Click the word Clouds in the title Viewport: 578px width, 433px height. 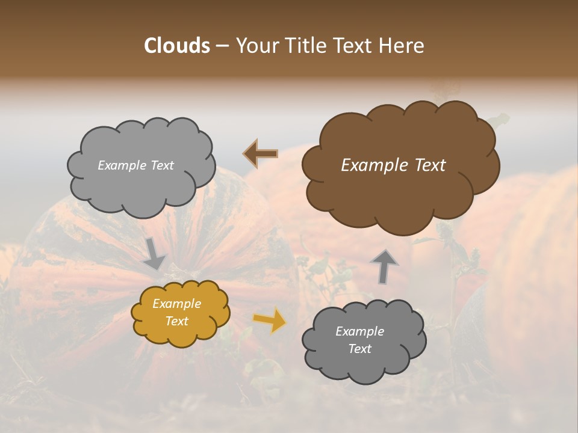(177, 46)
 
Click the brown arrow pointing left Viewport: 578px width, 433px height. (261, 154)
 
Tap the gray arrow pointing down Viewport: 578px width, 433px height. (155, 253)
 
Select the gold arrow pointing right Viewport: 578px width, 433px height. (269, 320)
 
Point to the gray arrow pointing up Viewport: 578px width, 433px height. (384, 266)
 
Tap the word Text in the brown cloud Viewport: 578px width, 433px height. (430, 165)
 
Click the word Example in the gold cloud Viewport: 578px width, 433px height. (177, 304)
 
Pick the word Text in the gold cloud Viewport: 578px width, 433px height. (177, 321)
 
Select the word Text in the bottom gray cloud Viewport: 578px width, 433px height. (359, 349)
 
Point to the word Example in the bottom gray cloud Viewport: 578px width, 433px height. (359, 331)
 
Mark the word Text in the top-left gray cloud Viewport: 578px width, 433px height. (161, 165)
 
